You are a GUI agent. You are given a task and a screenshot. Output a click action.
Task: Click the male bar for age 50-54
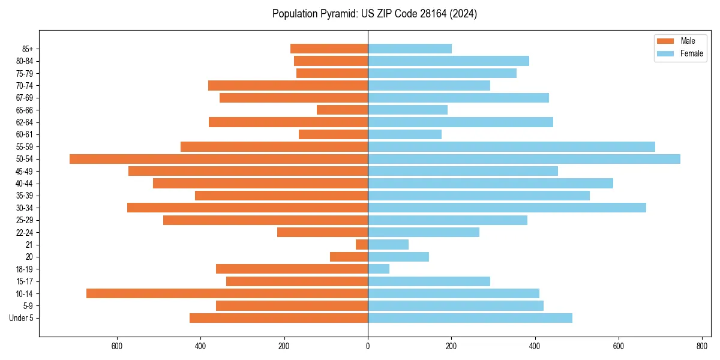(218, 159)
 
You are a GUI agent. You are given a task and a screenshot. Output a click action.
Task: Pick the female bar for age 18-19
(379, 269)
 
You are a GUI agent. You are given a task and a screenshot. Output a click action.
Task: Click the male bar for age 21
(362, 245)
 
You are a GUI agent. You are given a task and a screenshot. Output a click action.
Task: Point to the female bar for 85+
(410, 49)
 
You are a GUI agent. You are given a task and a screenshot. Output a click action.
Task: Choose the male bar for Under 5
(278, 318)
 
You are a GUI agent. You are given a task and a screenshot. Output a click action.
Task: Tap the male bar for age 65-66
(342, 110)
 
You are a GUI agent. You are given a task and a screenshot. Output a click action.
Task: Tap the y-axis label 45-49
(25, 171)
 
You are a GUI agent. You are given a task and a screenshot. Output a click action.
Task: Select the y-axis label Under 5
(22, 318)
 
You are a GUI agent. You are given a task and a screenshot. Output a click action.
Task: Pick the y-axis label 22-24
(25, 232)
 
